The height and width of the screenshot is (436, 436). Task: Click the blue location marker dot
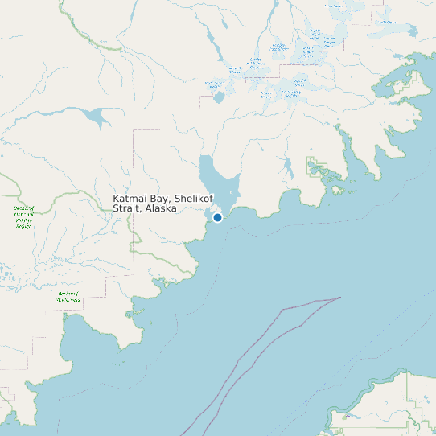[x=217, y=217]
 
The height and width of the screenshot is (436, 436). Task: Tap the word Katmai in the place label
[x=129, y=198]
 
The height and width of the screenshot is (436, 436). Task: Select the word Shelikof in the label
[x=187, y=198]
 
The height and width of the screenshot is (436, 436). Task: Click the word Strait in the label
[x=126, y=208]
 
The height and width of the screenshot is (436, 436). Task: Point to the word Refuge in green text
[x=23, y=227]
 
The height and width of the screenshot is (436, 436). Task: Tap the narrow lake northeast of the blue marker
[x=288, y=167]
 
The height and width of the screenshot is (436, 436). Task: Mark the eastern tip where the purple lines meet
[x=340, y=298]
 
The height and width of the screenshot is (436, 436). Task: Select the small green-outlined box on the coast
[x=319, y=168]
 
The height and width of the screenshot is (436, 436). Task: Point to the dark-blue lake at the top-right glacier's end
[x=412, y=31]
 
